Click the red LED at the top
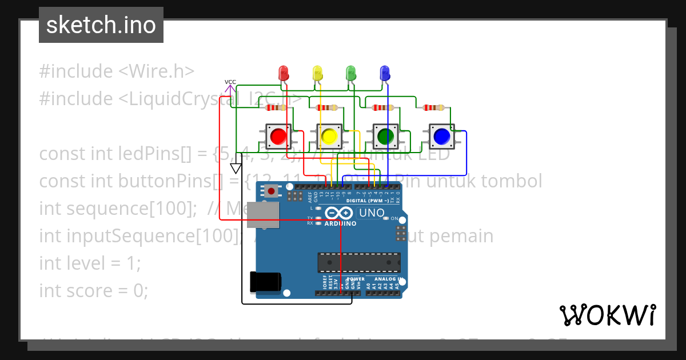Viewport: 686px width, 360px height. coord(283,73)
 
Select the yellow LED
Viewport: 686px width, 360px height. coord(317,73)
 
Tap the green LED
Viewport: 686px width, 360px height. coord(351,73)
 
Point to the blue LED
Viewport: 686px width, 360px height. coord(385,73)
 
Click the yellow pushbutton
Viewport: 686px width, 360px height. coord(329,136)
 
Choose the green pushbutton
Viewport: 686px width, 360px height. coord(385,136)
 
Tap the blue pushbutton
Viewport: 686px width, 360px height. coord(441,136)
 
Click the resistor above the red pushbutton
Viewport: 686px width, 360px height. coord(277,107)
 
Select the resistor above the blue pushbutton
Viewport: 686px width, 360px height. coord(433,107)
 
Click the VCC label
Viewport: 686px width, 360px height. coord(230,82)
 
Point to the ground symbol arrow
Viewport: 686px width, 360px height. coord(236,168)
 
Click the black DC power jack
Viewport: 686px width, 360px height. coord(265,282)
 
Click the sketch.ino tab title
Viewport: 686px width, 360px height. coord(101,25)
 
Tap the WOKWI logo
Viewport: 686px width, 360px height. coord(607,315)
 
